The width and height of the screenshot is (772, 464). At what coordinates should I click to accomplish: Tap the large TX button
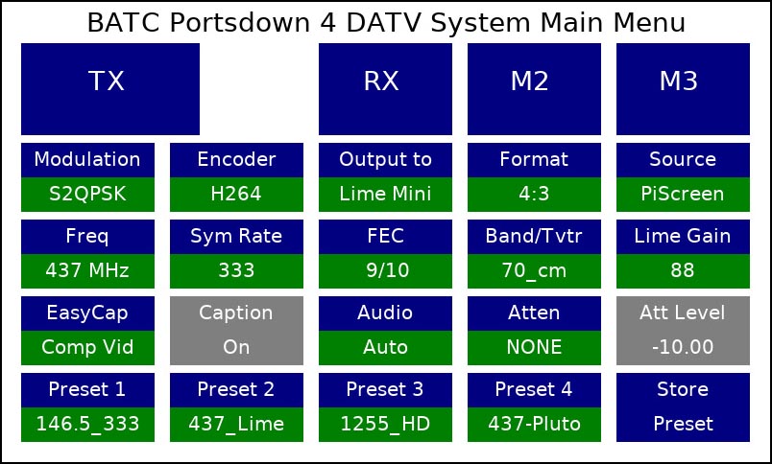tap(110, 89)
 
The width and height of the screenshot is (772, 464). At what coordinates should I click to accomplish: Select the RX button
tap(385, 89)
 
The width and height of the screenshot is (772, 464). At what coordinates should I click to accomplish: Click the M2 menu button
tap(534, 89)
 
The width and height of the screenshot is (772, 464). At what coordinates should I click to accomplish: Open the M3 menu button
tap(683, 89)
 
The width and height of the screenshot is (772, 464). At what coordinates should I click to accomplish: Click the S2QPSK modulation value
tap(87, 195)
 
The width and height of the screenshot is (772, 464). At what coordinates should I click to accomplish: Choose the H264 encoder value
tap(236, 195)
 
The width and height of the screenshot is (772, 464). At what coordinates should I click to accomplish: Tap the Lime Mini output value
tap(385, 195)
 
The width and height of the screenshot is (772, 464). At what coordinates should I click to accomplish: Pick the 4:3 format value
tap(534, 195)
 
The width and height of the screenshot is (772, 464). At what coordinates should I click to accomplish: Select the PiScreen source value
tap(683, 195)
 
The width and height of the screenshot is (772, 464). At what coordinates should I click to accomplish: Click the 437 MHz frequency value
tap(87, 271)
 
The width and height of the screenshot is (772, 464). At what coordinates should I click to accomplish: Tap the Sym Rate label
tap(236, 236)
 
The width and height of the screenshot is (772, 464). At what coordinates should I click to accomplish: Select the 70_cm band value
tap(534, 271)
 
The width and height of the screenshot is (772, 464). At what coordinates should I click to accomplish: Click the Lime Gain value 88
tap(683, 271)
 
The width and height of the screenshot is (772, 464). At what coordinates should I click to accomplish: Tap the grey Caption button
tap(236, 331)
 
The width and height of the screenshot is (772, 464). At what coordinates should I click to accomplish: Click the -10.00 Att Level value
tap(683, 347)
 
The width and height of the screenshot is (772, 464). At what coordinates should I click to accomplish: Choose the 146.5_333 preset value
tap(87, 424)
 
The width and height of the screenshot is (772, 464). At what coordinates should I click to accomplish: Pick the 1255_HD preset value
tap(385, 424)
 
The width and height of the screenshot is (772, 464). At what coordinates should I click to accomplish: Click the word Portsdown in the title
tap(240, 22)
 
